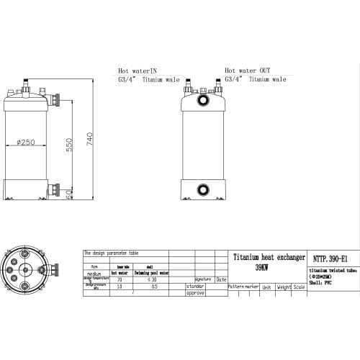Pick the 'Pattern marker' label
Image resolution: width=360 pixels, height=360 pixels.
pos(243,287)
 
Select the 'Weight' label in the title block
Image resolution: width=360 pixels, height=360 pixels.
pos(284,287)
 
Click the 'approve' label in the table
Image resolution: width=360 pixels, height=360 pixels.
pos(196,293)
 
